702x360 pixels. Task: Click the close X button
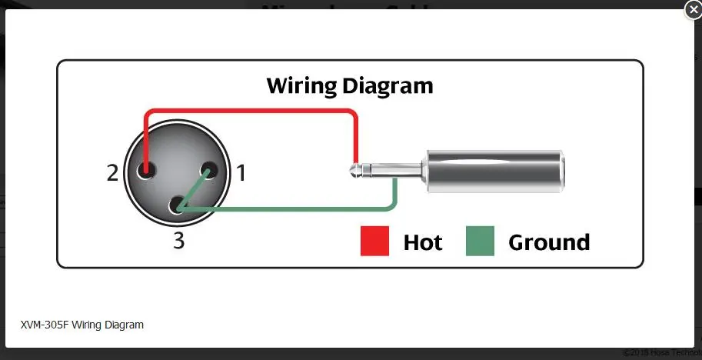pyautogui.click(x=692, y=10)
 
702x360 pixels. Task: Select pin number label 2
pyautogui.click(x=113, y=173)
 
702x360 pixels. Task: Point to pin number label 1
pyautogui.click(x=241, y=173)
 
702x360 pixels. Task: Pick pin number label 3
pyautogui.click(x=178, y=241)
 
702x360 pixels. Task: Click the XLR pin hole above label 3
pyautogui.click(x=178, y=205)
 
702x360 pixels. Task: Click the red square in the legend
pyautogui.click(x=375, y=242)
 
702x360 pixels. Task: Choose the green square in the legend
pyautogui.click(x=480, y=242)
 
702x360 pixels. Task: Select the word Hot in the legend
pyautogui.click(x=423, y=243)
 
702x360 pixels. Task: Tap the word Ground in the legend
pyautogui.click(x=549, y=243)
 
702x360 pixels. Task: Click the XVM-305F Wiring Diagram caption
pyautogui.click(x=82, y=325)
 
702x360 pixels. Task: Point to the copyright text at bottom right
pyautogui.click(x=661, y=352)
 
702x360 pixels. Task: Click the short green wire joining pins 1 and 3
pyautogui.click(x=193, y=188)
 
